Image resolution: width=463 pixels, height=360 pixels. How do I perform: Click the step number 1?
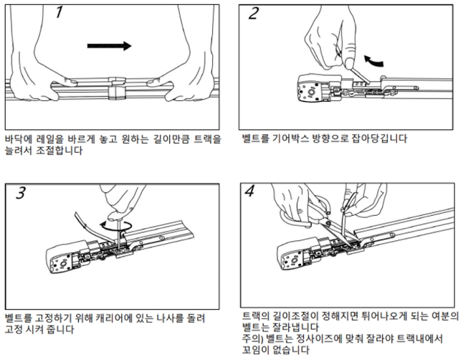(59, 12)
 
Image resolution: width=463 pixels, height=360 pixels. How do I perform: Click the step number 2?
(254, 14)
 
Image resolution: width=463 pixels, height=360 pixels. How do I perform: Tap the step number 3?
(21, 193)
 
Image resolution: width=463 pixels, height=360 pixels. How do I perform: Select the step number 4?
(249, 191)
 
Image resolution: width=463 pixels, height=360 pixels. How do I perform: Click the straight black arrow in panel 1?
(109, 46)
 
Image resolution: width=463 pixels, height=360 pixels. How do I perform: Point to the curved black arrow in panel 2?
(373, 60)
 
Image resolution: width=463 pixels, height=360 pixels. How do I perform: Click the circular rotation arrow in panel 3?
(116, 226)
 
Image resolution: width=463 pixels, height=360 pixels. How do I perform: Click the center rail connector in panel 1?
(116, 88)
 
